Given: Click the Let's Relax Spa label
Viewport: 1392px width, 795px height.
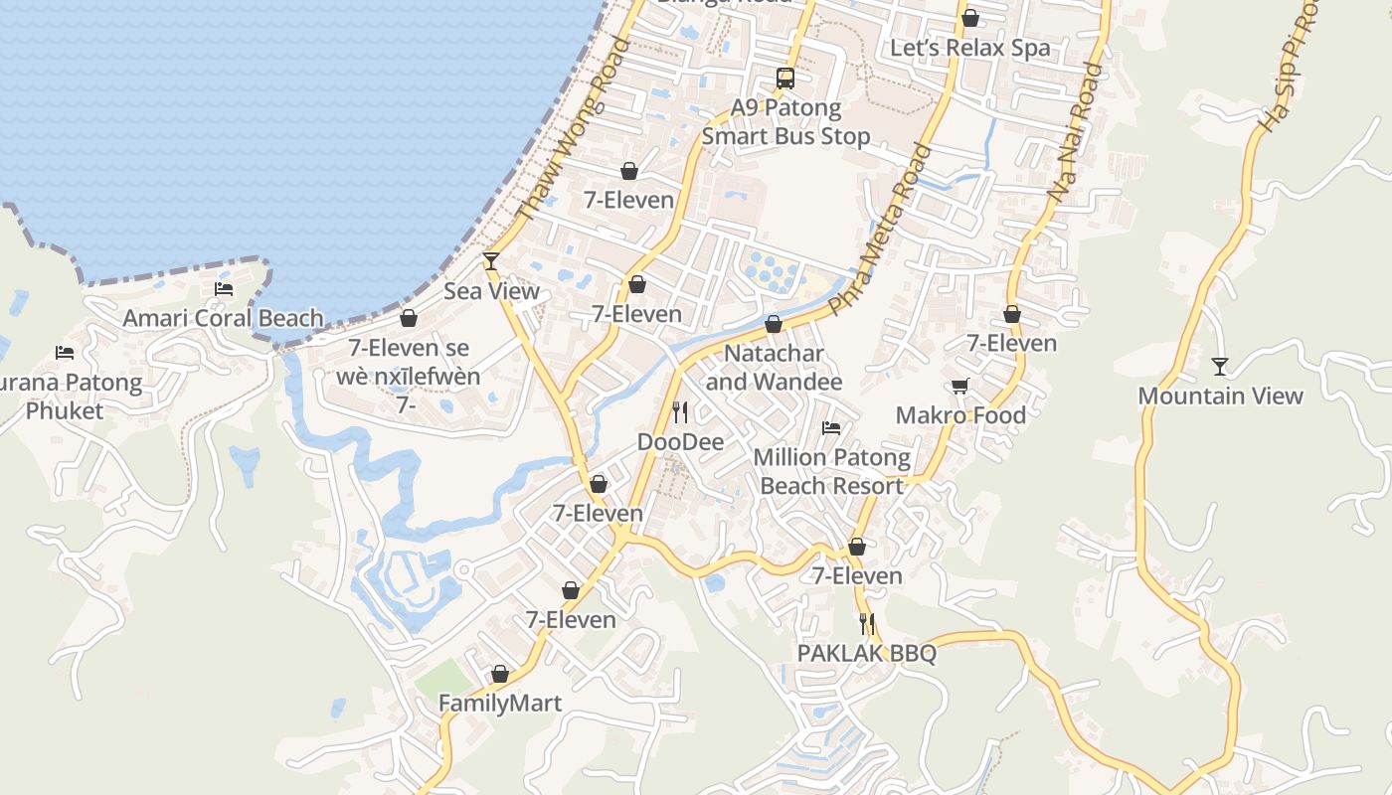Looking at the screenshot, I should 969,48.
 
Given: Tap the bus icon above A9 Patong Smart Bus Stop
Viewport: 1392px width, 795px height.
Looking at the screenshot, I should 785,78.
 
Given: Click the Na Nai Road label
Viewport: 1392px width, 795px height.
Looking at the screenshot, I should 1076,134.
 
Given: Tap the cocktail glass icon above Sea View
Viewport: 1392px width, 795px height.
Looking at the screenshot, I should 491,261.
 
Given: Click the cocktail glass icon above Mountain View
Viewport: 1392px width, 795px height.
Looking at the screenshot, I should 1220,367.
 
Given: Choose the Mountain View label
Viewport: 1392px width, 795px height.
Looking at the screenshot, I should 1220,396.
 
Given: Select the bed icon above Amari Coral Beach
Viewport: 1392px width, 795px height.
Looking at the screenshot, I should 224,289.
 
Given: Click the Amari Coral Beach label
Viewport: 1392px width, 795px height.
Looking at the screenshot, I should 223,318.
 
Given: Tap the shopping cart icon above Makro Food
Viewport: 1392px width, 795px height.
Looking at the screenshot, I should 959,386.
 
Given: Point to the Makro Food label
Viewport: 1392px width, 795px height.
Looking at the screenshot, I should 960,414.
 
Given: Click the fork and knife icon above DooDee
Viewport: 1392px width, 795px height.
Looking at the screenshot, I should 680,411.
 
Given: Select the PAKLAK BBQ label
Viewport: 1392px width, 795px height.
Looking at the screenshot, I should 867,653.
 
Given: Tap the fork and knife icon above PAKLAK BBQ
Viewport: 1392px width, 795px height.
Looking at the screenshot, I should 867,624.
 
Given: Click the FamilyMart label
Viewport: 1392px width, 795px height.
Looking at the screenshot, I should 500,703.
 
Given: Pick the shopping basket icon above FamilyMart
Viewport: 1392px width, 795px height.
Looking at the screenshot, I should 500,674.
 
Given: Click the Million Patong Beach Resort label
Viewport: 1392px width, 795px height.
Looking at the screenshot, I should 831,471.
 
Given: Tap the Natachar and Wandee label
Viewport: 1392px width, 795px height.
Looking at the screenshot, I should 774,367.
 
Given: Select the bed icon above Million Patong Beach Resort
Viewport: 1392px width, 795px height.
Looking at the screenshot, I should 831,428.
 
